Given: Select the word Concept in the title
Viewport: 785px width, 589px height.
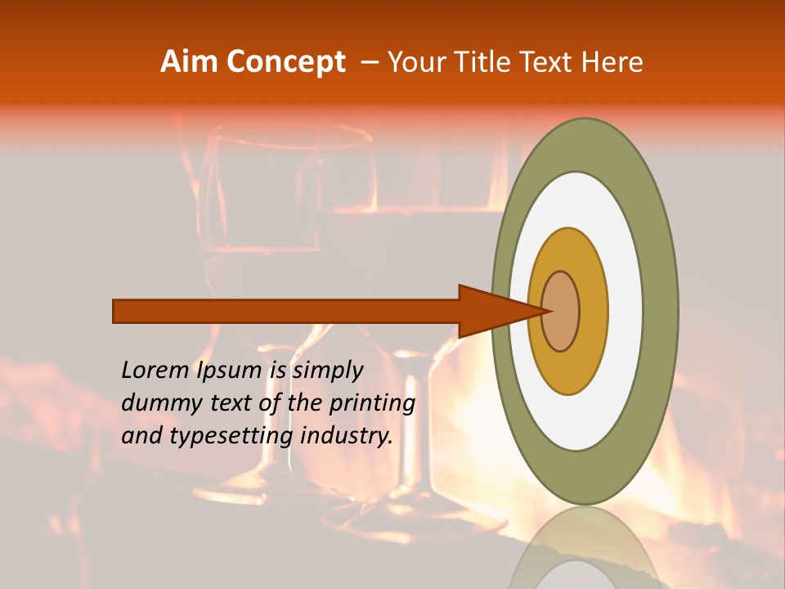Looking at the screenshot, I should [x=285, y=63].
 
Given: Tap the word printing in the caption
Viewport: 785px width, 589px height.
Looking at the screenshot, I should [x=372, y=403].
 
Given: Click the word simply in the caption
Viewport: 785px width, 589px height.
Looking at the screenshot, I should [x=327, y=371].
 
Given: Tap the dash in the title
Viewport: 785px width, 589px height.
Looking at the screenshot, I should [x=369, y=63].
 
